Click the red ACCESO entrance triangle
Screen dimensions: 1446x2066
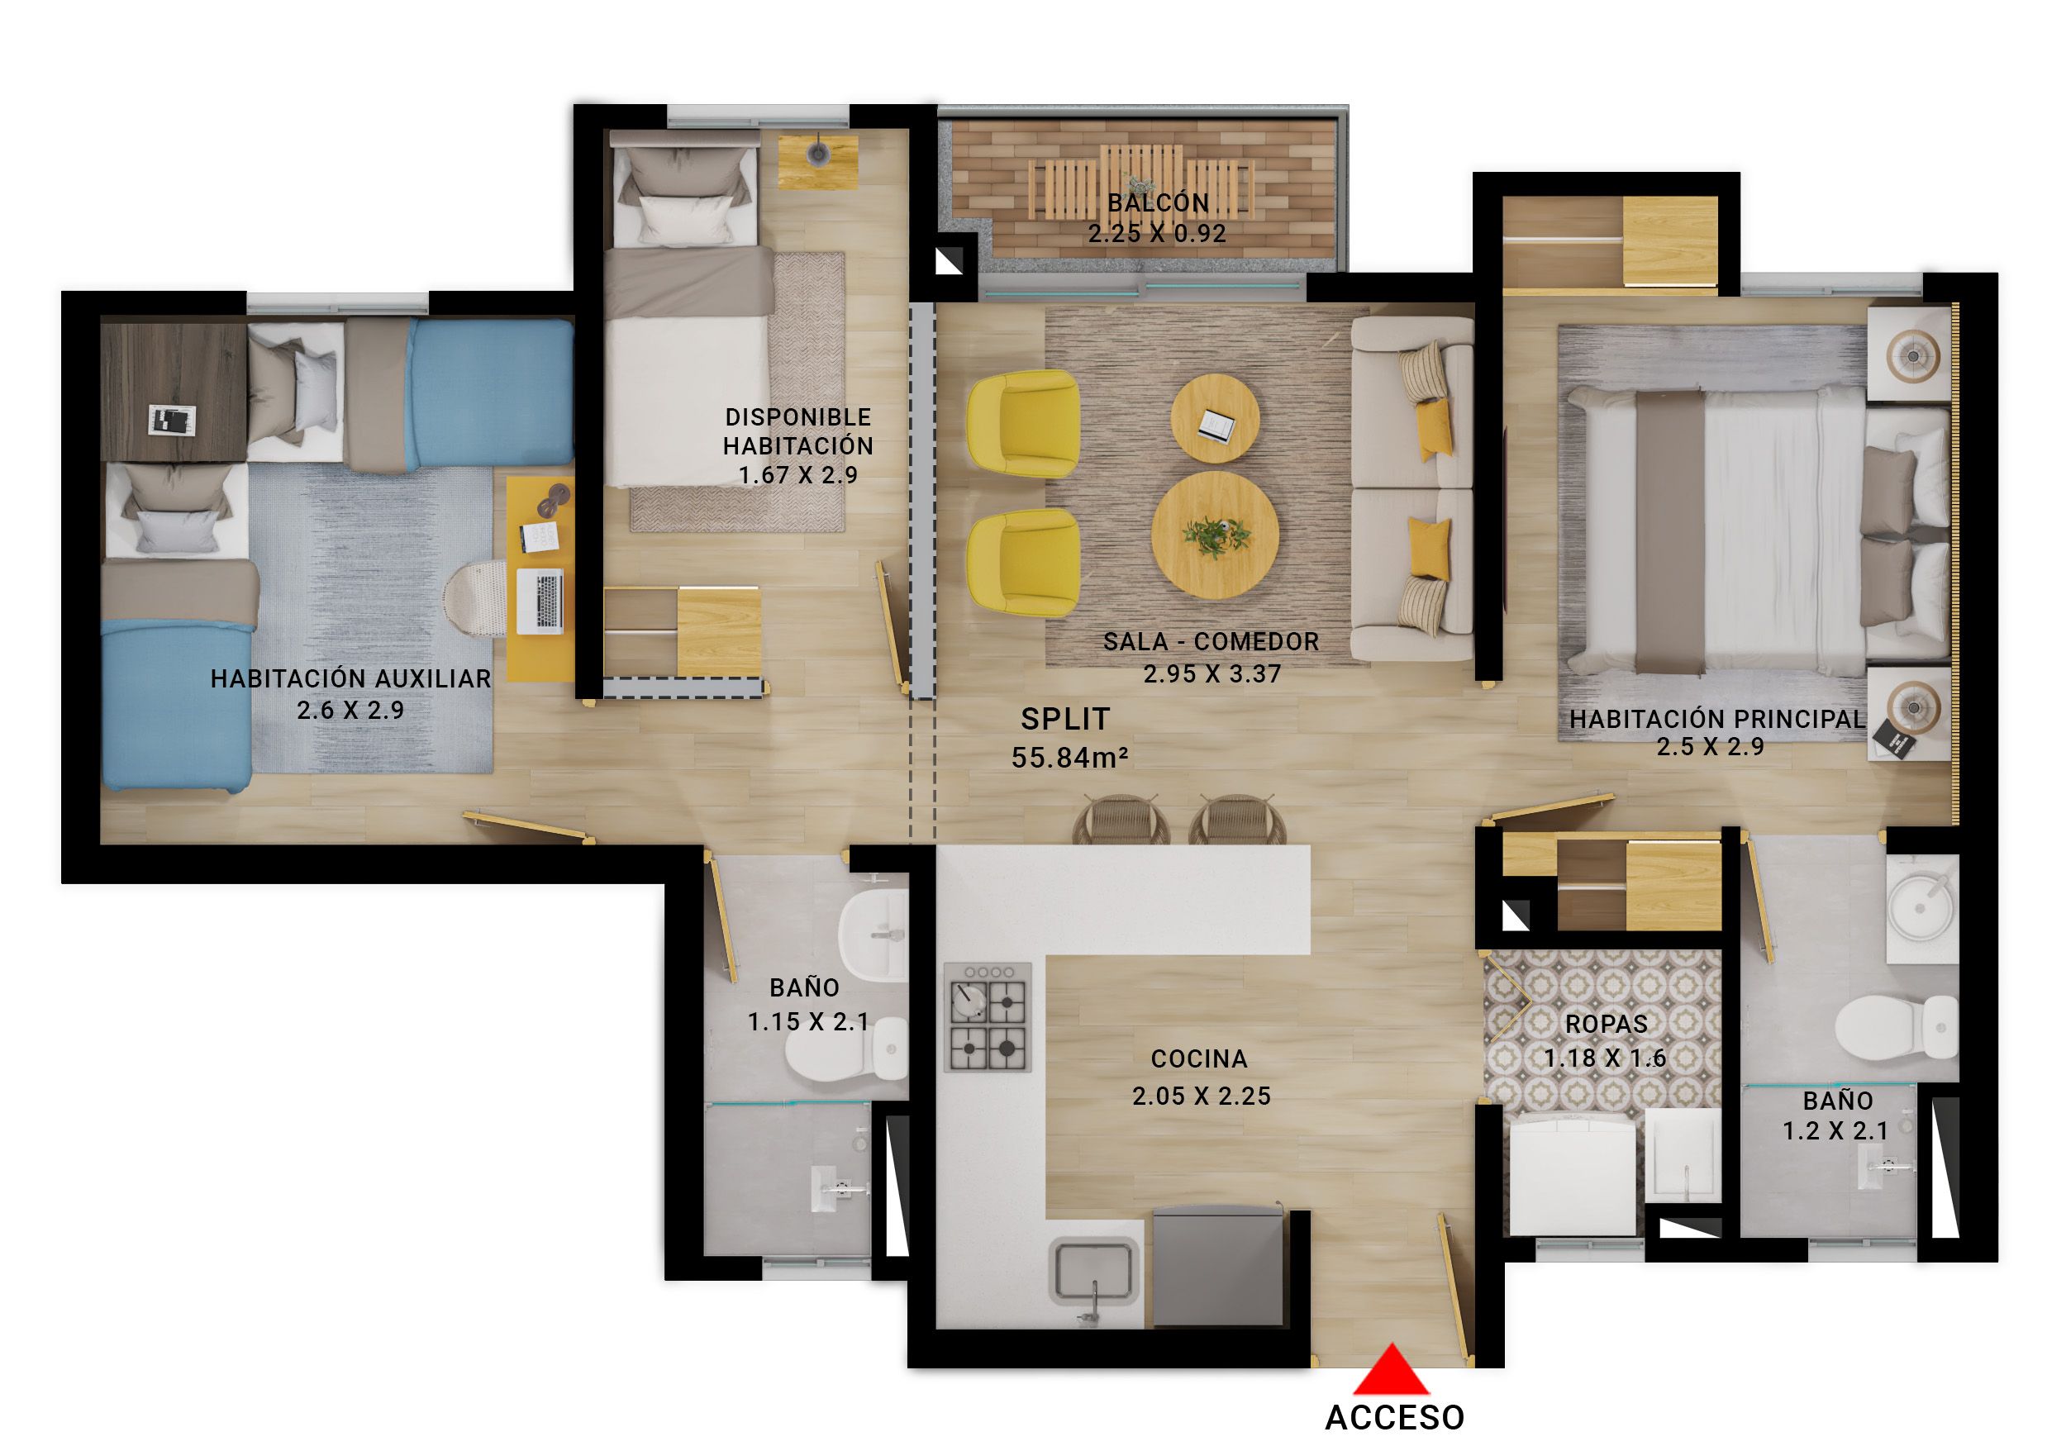tap(1391, 1372)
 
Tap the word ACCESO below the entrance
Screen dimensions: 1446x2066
tap(1394, 1417)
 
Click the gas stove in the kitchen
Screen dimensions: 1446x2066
tap(987, 1017)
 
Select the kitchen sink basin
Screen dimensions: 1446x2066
tap(1093, 1270)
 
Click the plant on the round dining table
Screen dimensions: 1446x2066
tap(1215, 535)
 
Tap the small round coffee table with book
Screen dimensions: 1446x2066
tap(1215, 419)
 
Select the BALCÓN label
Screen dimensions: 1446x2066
tap(1157, 202)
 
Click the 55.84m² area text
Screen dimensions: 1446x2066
tap(1069, 758)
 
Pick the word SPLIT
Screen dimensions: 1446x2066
tap(1065, 719)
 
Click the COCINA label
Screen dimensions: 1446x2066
tap(1198, 1059)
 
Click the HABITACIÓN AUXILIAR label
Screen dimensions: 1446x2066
tap(351, 678)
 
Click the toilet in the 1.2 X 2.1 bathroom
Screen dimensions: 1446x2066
tap(1896, 1027)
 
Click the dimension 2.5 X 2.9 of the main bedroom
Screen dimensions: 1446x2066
tap(1710, 747)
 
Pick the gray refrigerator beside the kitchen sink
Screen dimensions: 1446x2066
tap(1217, 1266)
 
